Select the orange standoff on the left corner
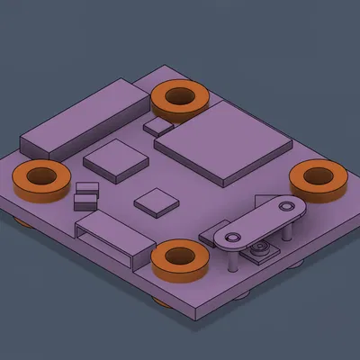pos(40,179)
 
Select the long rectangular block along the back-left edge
pos(81,121)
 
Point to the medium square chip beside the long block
pos(116,158)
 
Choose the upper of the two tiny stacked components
pos(87,187)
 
